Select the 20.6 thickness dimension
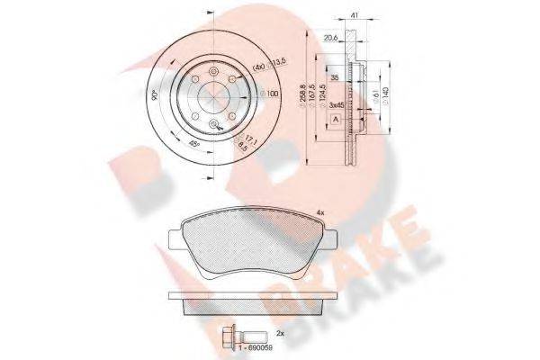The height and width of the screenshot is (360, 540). [330, 38]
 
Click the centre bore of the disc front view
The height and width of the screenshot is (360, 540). [214, 94]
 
